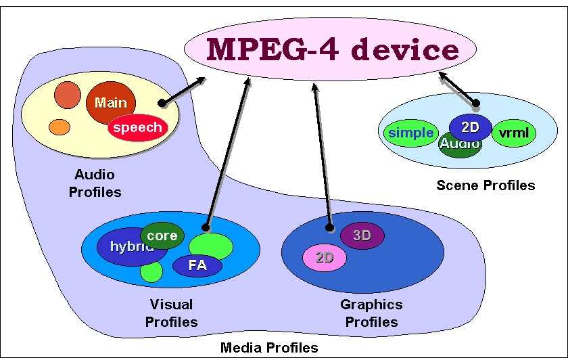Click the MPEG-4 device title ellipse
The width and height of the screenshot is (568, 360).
(x=331, y=49)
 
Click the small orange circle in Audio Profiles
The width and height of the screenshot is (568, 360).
(x=60, y=127)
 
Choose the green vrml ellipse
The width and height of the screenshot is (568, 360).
(x=513, y=133)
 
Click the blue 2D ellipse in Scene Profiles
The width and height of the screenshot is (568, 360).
(x=470, y=126)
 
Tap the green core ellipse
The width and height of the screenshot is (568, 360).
(x=162, y=234)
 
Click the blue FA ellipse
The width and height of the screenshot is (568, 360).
(x=197, y=265)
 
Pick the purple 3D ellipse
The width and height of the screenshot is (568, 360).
(x=362, y=235)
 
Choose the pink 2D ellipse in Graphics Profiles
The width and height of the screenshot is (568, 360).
(x=324, y=257)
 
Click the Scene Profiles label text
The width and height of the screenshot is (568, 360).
(x=485, y=185)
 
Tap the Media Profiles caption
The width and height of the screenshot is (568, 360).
(x=268, y=348)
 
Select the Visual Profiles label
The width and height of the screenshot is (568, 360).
(x=171, y=313)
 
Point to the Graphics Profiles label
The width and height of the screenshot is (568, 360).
(x=371, y=313)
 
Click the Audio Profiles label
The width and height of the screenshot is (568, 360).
(x=95, y=183)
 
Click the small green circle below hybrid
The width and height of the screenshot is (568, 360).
(x=151, y=272)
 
